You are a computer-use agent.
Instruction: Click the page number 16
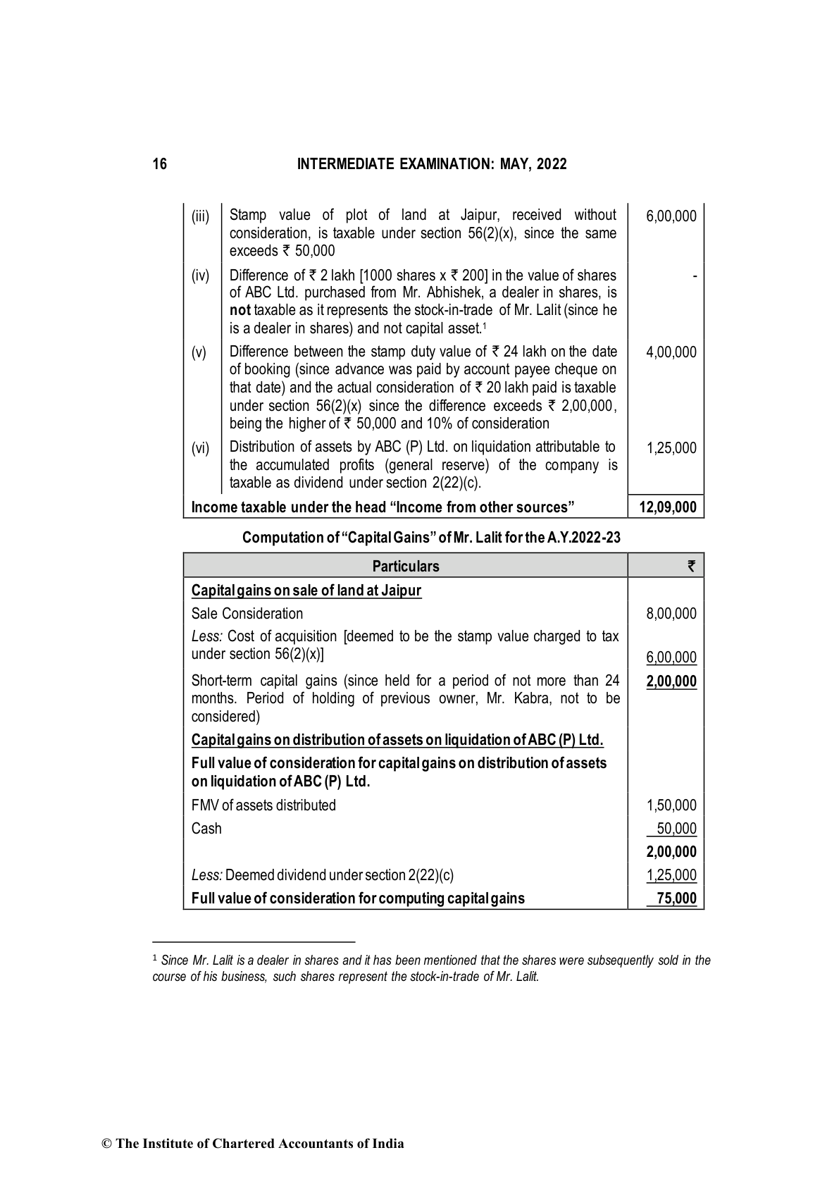pyautogui.click(x=160, y=164)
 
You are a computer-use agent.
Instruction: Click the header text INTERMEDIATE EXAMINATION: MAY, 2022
pyautogui.click(x=432, y=164)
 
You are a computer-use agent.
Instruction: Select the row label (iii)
pyautogui.click(x=201, y=216)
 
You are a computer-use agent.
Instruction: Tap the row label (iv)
pyautogui.click(x=201, y=276)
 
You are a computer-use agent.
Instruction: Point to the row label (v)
pyautogui.click(x=200, y=352)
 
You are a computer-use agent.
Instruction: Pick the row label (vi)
pyautogui.click(x=201, y=448)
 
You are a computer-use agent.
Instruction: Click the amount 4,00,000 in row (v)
pyautogui.click(x=671, y=352)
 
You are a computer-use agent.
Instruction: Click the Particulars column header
pyautogui.click(x=405, y=567)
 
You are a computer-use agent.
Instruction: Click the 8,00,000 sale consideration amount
pyautogui.click(x=671, y=614)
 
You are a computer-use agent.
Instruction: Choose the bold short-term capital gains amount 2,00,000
pyautogui.click(x=671, y=681)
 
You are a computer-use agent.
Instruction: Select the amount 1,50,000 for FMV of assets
pyautogui.click(x=671, y=805)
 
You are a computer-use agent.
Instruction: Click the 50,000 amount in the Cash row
pyautogui.click(x=676, y=829)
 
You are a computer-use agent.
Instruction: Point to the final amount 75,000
pyautogui.click(x=677, y=898)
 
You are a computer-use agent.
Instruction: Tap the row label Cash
pyautogui.click(x=206, y=829)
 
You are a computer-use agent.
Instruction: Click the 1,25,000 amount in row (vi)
pyautogui.click(x=671, y=448)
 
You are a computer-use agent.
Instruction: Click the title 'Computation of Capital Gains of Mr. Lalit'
pyautogui.click(x=431, y=538)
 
